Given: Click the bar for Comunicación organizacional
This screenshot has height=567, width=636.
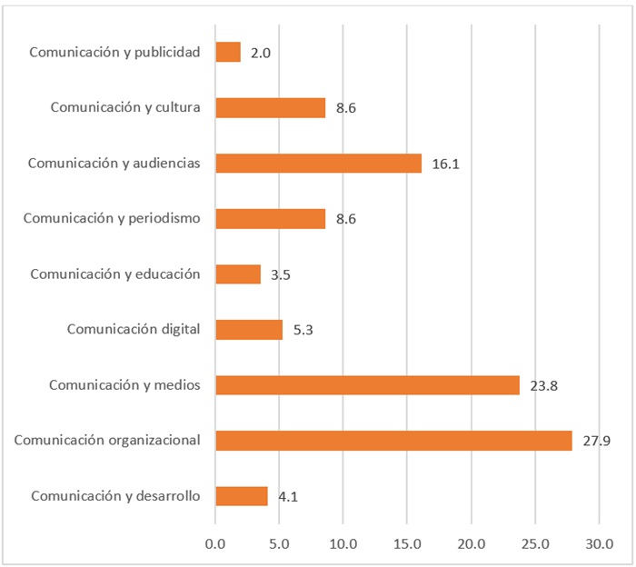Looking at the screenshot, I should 393,441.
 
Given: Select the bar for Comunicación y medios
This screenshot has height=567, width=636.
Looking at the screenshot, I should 367,385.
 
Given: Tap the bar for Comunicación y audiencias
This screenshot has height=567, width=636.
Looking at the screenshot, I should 318,164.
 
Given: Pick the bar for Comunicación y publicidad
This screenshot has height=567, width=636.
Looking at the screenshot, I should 228,53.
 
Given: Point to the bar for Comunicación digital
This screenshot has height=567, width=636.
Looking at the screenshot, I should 249,330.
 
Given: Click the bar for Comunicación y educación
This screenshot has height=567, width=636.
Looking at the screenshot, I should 238,274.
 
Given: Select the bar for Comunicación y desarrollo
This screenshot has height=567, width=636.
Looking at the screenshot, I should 242,496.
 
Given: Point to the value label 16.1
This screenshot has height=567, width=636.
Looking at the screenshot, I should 445,164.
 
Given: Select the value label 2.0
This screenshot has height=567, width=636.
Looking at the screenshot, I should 261,54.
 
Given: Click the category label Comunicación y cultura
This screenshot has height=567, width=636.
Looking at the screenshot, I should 125,107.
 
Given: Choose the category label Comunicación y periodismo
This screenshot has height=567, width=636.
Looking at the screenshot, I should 112,218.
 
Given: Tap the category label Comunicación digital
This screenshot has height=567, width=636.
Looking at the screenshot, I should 134,329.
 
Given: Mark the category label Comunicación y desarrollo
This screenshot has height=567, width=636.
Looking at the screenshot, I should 115,495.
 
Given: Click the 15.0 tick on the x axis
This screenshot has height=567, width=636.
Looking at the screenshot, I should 407,543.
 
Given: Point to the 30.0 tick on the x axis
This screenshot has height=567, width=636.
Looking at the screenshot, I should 599,543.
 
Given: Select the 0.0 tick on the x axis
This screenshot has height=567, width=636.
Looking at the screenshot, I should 215,543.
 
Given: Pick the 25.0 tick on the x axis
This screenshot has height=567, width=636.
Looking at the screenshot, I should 535,543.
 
